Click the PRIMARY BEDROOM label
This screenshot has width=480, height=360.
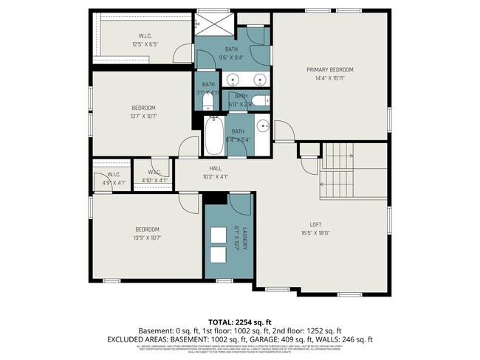[329, 69]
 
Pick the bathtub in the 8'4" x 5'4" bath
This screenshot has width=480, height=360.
[214, 136]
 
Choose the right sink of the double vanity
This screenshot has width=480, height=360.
[259, 79]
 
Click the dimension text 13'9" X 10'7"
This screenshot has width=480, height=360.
[148, 238]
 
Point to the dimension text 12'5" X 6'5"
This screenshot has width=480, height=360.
[145, 44]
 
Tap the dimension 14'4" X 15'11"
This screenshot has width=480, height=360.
[329, 77]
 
